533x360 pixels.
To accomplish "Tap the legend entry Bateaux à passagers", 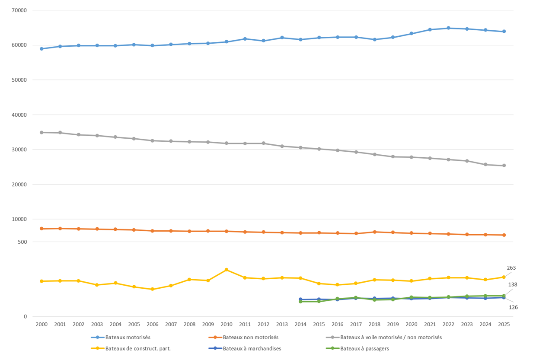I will point(364,348).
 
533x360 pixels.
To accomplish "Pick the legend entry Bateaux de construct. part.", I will point(138,348).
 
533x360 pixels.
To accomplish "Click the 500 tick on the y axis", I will point(22,242).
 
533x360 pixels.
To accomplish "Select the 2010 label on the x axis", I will point(227,325).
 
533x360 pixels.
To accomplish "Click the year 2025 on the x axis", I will point(504,325).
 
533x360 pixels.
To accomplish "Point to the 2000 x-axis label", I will point(41,325).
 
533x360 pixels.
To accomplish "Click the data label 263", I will point(511,268).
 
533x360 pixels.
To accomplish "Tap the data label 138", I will point(512,284).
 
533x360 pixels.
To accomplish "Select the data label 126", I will point(513,307).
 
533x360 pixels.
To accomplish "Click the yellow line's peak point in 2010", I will point(227,270).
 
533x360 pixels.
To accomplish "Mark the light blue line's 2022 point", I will point(448,28).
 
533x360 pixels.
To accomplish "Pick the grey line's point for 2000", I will point(41,132).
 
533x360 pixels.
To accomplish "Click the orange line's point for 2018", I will point(374,232).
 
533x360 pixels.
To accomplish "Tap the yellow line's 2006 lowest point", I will point(153,289).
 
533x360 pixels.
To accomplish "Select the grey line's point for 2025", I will point(504,166).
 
